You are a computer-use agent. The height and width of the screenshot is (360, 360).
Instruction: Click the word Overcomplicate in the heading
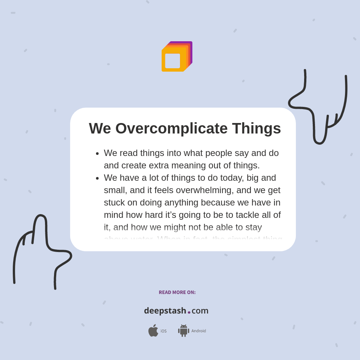(x=171, y=129)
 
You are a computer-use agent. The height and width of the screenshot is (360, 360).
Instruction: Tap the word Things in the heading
(x=256, y=129)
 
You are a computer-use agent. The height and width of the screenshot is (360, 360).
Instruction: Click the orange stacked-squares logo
(x=177, y=57)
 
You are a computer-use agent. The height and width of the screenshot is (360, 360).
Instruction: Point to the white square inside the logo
(x=172, y=61)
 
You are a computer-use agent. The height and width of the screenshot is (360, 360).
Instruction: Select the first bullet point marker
(x=97, y=153)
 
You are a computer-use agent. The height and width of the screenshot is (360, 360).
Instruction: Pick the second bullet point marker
(x=97, y=178)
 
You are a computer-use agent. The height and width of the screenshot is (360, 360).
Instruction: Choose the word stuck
(x=114, y=202)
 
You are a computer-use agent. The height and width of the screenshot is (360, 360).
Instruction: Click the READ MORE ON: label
(x=177, y=292)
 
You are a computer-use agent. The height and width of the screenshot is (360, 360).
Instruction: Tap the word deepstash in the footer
(x=165, y=311)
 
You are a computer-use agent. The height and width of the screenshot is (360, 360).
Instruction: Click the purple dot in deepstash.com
(x=189, y=312)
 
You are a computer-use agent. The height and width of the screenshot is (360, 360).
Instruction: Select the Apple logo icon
(x=153, y=330)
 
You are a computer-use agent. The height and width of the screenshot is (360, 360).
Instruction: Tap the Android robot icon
(x=184, y=330)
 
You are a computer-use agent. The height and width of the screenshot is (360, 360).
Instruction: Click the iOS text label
(x=163, y=331)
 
